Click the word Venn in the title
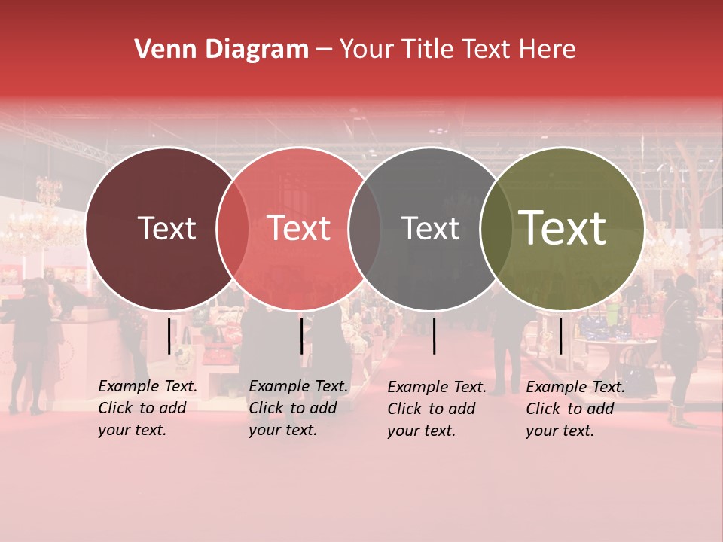(158, 50)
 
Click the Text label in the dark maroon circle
(166, 228)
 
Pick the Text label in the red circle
(299, 228)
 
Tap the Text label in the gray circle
(430, 228)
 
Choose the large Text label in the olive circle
(563, 228)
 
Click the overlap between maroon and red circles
(233, 228)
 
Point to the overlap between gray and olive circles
(496, 228)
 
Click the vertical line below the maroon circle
(169, 336)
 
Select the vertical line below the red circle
(301, 336)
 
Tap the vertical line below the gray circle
(435, 336)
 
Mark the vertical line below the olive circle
(561, 336)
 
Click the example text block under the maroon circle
(147, 408)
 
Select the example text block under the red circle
(297, 408)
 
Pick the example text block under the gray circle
(436, 409)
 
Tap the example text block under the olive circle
(575, 409)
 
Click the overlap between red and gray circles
(365, 228)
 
